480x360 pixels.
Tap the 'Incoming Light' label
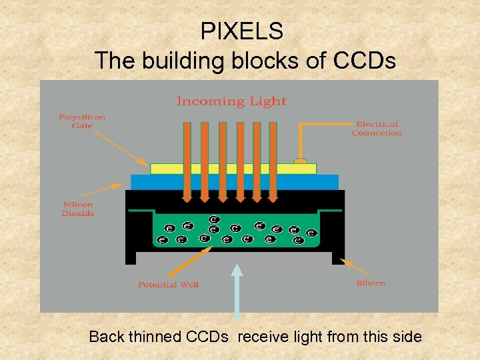click(x=231, y=101)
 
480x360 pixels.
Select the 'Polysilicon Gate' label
click(x=82, y=121)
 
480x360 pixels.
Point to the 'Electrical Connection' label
click(x=377, y=128)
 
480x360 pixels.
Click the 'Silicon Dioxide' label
click(x=78, y=209)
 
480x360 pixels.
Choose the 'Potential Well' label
click(x=168, y=285)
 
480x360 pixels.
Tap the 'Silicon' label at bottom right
click(x=371, y=283)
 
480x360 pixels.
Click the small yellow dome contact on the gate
click(x=301, y=161)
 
